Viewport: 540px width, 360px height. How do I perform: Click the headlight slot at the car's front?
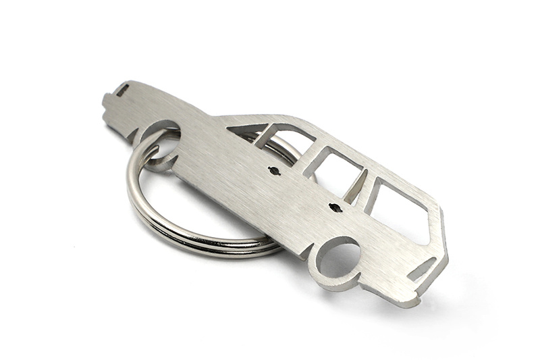[x=123, y=91]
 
